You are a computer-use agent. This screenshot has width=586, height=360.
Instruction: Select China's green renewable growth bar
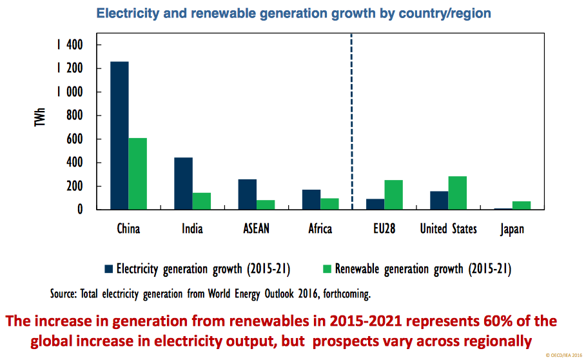tap(137, 174)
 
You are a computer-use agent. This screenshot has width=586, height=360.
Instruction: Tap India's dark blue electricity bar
tap(183, 183)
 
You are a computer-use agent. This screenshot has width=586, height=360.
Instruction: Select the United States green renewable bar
tap(458, 193)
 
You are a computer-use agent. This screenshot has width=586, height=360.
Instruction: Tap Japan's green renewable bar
tap(522, 205)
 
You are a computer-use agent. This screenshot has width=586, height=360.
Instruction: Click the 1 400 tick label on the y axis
tap(69, 45)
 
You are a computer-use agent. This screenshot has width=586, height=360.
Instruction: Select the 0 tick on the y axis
tap(81, 210)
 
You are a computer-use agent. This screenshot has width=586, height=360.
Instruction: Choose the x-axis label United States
tap(449, 229)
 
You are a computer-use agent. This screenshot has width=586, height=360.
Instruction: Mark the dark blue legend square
tap(108, 268)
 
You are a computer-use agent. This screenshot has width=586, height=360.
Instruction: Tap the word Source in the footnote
tap(65, 294)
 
